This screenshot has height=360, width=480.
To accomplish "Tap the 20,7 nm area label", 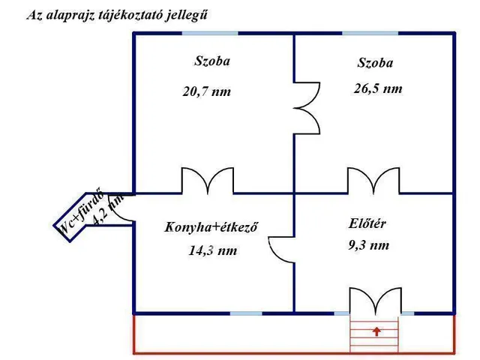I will [x=206, y=91].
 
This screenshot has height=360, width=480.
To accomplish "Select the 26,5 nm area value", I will [x=378, y=88].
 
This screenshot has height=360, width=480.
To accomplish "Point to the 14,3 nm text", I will [x=212, y=251].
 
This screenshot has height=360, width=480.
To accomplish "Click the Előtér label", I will [x=367, y=222].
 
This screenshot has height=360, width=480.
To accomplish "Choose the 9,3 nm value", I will [x=369, y=245].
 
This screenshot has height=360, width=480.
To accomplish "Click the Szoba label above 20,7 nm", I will [x=212, y=61].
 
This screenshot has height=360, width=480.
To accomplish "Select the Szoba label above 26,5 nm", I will [x=375, y=63].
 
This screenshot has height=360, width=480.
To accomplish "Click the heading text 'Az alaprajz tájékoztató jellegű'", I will [x=118, y=15].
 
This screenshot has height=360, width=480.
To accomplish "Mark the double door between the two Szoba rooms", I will [x=305, y=106].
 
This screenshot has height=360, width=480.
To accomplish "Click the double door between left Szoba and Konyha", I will [x=209, y=181].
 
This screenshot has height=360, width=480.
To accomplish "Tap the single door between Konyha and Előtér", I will [x=282, y=247].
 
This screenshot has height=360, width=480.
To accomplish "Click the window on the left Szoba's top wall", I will [x=210, y=33].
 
